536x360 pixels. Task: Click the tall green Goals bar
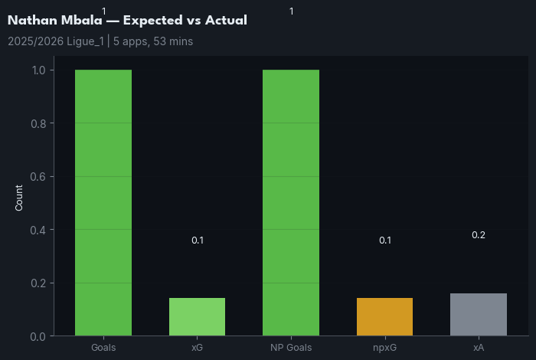[103, 203]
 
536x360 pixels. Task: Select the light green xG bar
[197, 316]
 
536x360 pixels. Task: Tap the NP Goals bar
[291, 203]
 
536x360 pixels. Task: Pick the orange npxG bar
[384, 316]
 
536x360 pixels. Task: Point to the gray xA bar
[479, 314]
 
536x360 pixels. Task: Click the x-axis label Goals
[103, 348]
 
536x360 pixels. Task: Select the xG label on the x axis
[197, 348]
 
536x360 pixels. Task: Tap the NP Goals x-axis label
[291, 348]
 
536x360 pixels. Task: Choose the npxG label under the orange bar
[384, 348]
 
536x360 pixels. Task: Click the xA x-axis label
[479, 348]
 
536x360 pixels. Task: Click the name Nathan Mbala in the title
[54, 21]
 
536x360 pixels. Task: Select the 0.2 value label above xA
[479, 235]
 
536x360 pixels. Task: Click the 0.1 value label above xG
[198, 241]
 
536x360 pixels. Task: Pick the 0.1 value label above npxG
[385, 241]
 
